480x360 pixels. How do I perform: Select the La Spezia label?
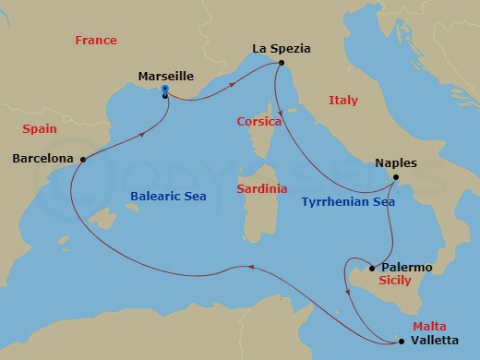pyautogui.click(x=281, y=47)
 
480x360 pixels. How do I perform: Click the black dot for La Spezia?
pyautogui.click(x=281, y=64)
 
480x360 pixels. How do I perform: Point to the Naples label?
pyautogui.click(x=396, y=162)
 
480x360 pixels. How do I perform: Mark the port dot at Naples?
pyautogui.click(x=395, y=177)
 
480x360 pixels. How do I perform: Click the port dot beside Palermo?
pyautogui.click(x=372, y=269)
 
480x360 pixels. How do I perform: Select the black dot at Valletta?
pyautogui.click(x=402, y=342)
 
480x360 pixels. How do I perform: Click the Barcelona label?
pyautogui.click(x=42, y=159)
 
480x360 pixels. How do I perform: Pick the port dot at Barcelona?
pyautogui.click(x=83, y=159)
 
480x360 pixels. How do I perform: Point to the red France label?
pyautogui.click(x=96, y=41)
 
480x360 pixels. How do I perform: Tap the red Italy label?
pyautogui.click(x=342, y=100)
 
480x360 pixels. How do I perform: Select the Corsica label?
pyautogui.click(x=259, y=121)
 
